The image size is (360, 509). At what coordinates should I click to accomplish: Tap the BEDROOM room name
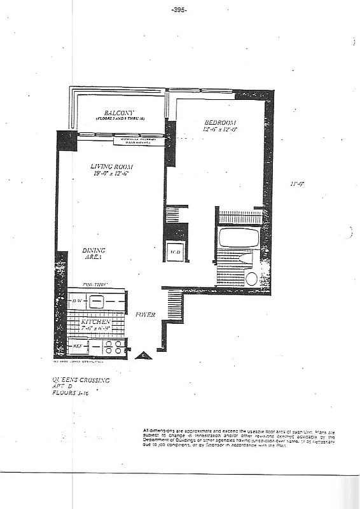[220, 122]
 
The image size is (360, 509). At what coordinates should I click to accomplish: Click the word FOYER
[145, 314]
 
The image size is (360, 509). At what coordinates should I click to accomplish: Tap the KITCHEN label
[96, 323]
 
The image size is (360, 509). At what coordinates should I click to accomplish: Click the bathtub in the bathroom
[239, 238]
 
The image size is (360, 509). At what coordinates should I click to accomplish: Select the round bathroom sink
[251, 278]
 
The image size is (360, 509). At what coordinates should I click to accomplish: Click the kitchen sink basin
[96, 301]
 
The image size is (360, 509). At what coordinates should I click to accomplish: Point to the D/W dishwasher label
[78, 301]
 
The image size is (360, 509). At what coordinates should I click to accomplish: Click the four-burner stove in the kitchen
[113, 347]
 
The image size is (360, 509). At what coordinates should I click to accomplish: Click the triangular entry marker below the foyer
[144, 354]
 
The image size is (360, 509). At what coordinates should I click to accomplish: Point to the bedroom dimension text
[220, 130]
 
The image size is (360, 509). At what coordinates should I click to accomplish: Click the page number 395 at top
[179, 10]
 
